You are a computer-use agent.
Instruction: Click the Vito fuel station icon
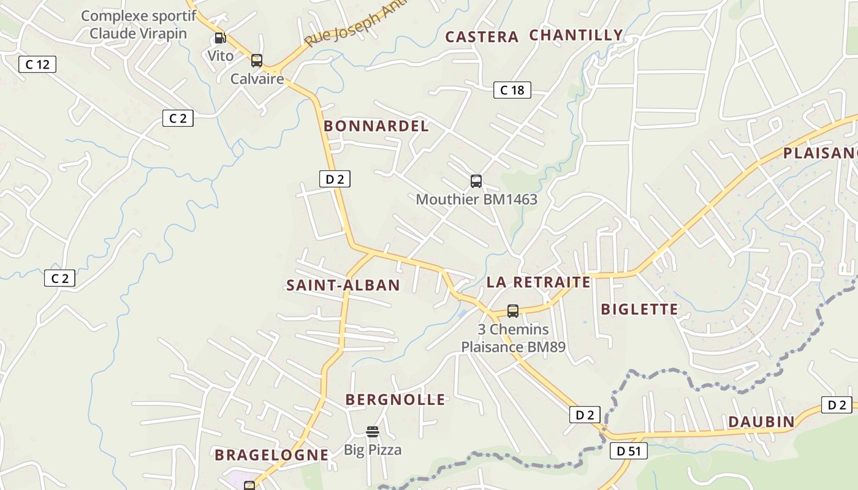220,38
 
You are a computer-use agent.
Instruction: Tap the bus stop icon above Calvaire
257,61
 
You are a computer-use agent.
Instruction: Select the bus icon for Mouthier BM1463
476,181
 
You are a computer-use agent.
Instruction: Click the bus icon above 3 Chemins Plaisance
513,311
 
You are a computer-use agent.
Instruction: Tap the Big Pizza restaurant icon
373,432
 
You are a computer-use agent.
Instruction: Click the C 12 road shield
37,64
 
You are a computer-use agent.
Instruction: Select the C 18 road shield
512,90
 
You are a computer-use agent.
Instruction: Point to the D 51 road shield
629,451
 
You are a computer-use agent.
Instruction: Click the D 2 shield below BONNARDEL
335,179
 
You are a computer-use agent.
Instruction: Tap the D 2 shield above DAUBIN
837,405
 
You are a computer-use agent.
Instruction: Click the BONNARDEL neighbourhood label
376,126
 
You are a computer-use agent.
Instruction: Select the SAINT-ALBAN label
343,285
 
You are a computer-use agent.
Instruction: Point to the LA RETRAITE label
539,282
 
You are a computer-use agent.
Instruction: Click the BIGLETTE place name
640,309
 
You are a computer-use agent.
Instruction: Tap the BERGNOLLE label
395,400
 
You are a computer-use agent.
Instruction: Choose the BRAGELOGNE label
271,455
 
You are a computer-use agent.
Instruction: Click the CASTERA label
482,37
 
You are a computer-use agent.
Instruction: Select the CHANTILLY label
576,35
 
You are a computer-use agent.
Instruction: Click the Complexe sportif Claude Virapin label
139,24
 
